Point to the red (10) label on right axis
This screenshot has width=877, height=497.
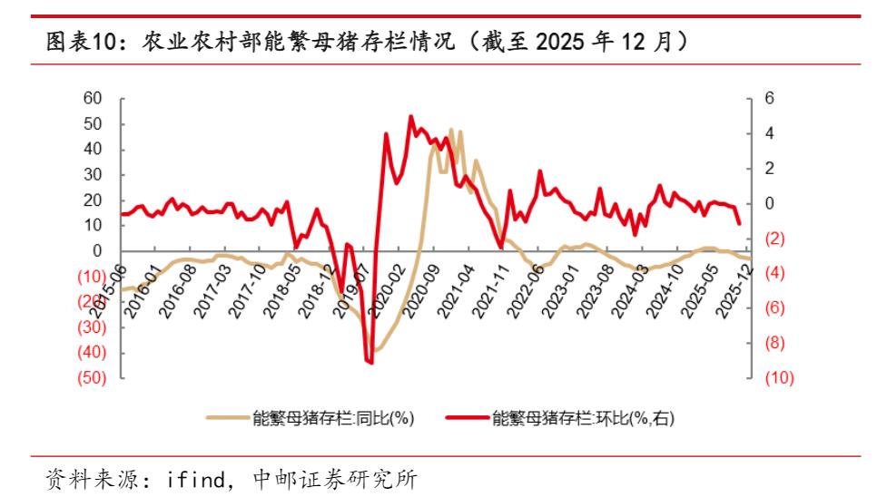click(x=779, y=378)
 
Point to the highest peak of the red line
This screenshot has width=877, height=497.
click(x=410, y=116)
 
